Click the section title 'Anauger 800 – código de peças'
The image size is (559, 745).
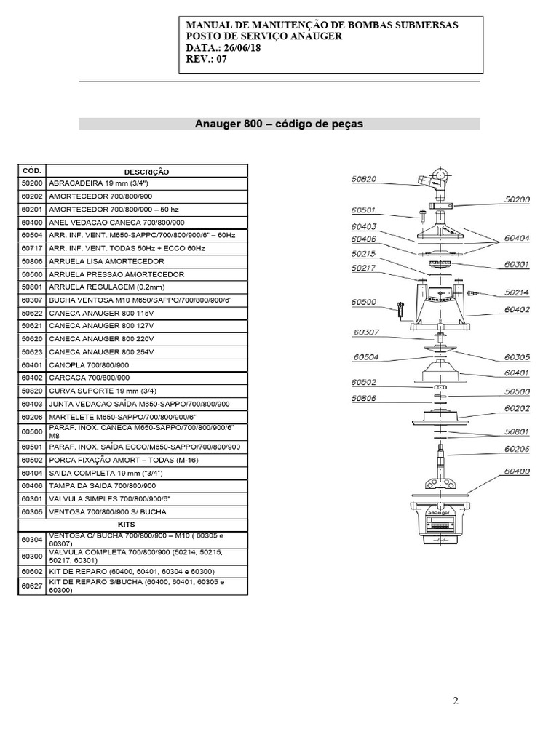[279, 124]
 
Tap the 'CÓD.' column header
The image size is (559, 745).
[32, 170]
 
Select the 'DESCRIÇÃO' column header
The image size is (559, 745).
[146, 171]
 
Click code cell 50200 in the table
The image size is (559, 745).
[32, 183]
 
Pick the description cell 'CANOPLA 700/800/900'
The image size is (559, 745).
[89, 365]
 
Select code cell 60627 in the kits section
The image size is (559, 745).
[32, 586]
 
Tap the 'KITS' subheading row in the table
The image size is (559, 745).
[132, 524]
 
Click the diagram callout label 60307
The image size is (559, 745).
[368, 333]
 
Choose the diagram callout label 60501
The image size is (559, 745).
[363, 210]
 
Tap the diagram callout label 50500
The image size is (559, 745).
[516, 392]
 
